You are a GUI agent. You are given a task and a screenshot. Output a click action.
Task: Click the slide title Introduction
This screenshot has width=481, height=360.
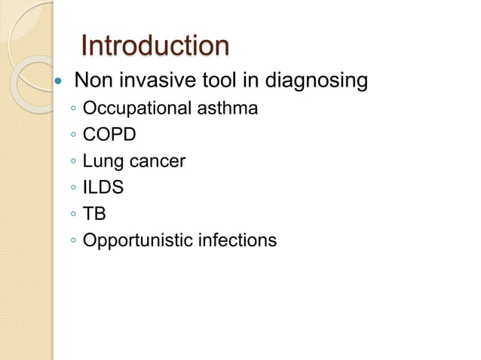click(x=154, y=46)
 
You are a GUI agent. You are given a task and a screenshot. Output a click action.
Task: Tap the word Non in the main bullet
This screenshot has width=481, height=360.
click(x=92, y=79)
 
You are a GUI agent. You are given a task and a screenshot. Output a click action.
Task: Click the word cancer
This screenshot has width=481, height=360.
click(x=155, y=162)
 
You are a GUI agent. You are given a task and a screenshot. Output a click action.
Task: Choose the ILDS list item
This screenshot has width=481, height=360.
click(x=103, y=188)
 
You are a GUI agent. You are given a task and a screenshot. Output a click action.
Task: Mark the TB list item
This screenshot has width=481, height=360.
click(x=95, y=214)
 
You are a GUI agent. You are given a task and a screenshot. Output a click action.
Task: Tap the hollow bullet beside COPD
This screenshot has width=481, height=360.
click(x=72, y=136)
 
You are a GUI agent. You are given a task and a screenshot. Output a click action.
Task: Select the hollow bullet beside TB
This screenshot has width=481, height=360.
click(x=72, y=215)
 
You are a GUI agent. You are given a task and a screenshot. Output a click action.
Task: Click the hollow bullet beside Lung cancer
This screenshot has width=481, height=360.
click(x=72, y=163)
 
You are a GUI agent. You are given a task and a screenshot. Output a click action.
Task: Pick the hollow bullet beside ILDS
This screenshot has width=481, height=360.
click(x=72, y=189)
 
